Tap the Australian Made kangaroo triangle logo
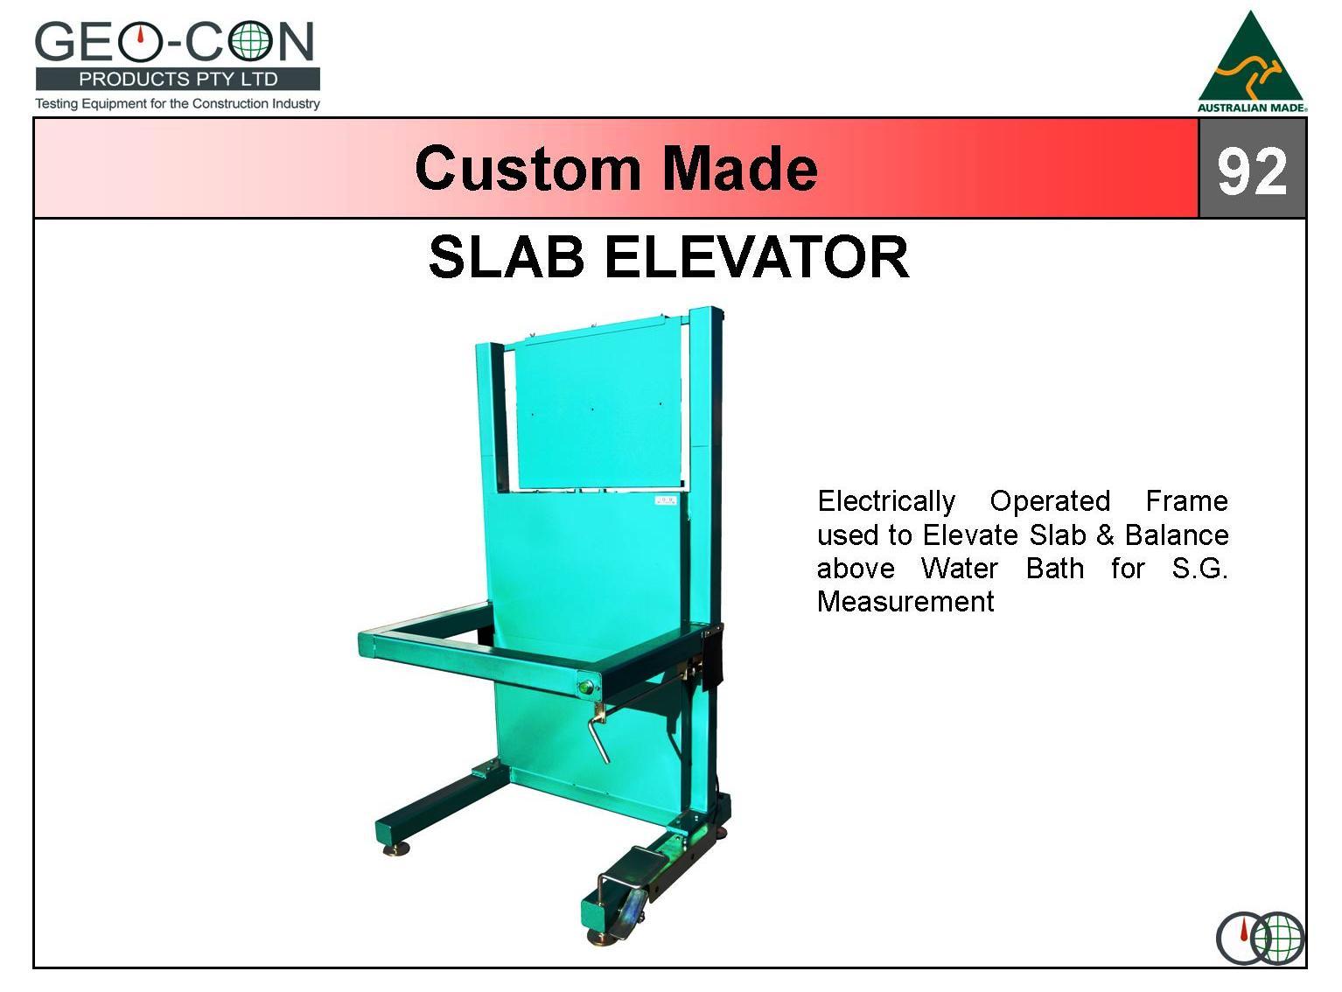[x=1251, y=62]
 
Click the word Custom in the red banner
[x=528, y=169]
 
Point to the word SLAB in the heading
[x=507, y=257]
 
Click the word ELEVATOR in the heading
[x=757, y=257]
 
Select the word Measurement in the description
[x=905, y=602]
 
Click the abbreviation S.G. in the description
[x=1199, y=569]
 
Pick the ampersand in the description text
[x=1106, y=535]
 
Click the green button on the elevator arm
[x=585, y=687]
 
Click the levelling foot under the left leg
[x=396, y=849]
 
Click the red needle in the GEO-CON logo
[x=140, y=36]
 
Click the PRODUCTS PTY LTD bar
[x=178, y=80]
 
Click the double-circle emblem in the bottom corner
[x=1261, y=938]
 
